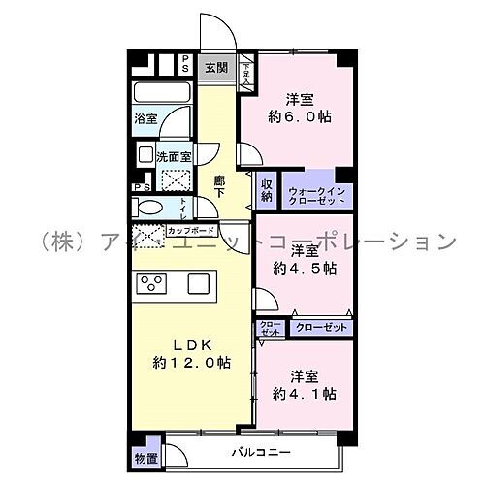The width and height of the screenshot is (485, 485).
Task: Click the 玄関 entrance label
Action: click(216, 67)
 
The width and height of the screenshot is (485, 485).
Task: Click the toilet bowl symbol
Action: click(150, 207)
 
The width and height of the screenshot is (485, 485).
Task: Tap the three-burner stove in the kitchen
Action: click(153, 283)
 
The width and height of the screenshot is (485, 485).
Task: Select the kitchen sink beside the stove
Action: click(199, 283)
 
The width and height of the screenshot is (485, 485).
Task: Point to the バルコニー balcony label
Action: click(256, 451)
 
